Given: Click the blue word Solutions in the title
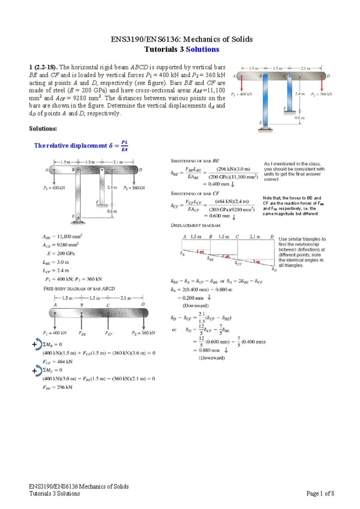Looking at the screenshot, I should pyautogui.click(x=202, y=50).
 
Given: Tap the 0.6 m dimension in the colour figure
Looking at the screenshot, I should pyautogui.click(x=299, y=118).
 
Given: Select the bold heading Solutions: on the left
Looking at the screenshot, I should pyautogui.click(x=43, y=129).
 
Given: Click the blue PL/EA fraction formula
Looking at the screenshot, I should pyautogui.click(x=124, y=146).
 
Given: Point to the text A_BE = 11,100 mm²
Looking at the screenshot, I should pyautogui.click(x=62, y=236).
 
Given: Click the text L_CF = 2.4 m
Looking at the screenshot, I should pyautogui.click(x=55, y=270).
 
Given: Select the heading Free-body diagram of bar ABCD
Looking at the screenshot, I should pyautogui.click(x=79, y=289).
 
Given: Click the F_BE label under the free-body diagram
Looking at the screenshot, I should pyautogui.click(x=82, y=333).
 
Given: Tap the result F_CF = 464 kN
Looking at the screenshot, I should pyautogui.click(x=58, y=362).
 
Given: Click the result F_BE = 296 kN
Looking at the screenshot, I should pyautogui.click(x=58, y=387).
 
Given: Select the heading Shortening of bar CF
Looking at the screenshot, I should pyautogui.click(x=195, y=194).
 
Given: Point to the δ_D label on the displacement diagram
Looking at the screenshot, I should pyautogui.click(x=274, y=270).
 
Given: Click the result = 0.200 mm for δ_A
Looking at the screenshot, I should pyautogui.click(x=190, y=298).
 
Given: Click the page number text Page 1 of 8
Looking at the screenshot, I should pyautogui.click(x=320, y=494).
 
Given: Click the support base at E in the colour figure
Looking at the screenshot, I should pyautogui.click(x=265, y=129).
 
